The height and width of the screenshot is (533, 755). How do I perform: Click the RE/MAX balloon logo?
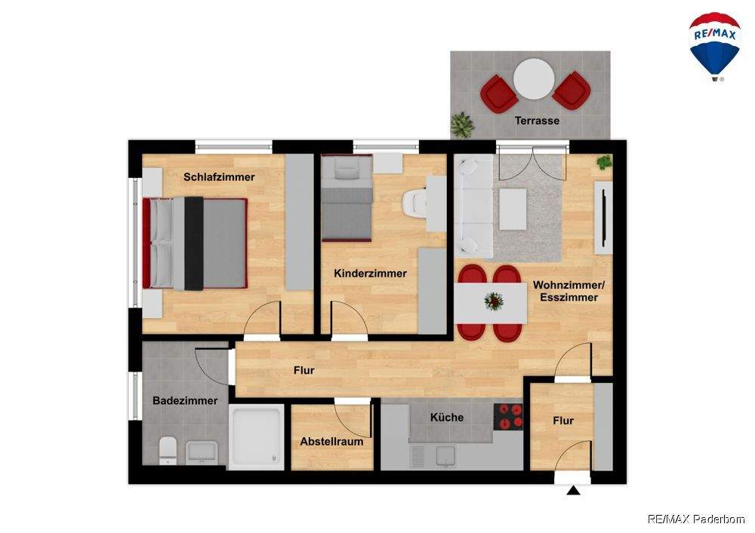point(714,46)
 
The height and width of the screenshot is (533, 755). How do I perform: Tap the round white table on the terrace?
point(534,79)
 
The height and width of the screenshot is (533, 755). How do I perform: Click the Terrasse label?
point(537,121)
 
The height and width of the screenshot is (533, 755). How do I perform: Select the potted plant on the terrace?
point(462,124)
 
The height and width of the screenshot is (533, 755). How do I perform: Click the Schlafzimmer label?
point(219,177)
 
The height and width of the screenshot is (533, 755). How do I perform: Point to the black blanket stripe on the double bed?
point(194,244)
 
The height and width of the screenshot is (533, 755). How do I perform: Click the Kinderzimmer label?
point(370,274)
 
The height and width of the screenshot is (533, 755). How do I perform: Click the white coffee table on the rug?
point(513,209)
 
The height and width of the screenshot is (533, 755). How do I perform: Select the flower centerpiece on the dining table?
point(494,302)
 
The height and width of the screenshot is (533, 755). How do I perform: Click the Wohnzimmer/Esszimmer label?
point(569,291)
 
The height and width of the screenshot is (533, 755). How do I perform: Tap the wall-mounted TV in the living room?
point(603,218)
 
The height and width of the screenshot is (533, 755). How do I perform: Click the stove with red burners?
point(508,416)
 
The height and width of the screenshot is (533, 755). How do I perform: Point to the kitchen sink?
point(446,456)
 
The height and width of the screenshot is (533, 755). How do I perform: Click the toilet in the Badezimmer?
point(168,451)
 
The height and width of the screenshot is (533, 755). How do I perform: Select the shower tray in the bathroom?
point(256,437)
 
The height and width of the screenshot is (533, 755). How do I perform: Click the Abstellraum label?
point(331,442)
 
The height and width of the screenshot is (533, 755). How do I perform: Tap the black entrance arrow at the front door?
point(573,490)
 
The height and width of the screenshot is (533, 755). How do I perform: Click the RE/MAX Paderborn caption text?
point(696,519)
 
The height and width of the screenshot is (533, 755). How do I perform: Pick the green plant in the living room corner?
point(604,162)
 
